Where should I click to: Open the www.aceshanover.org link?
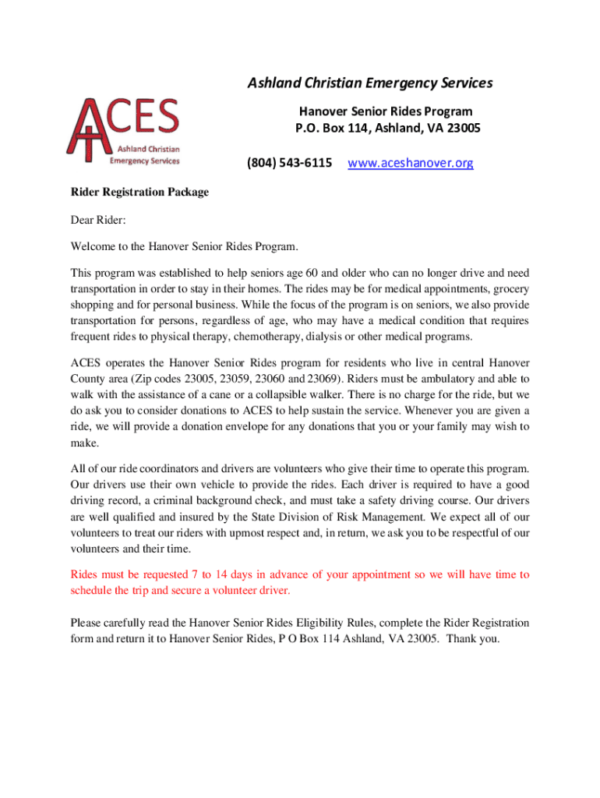[411, 163]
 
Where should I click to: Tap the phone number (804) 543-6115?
[290, 163]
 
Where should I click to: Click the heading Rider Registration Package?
[139, 192]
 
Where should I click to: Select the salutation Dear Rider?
[98, 221]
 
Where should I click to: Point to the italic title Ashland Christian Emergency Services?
[370, 83]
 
